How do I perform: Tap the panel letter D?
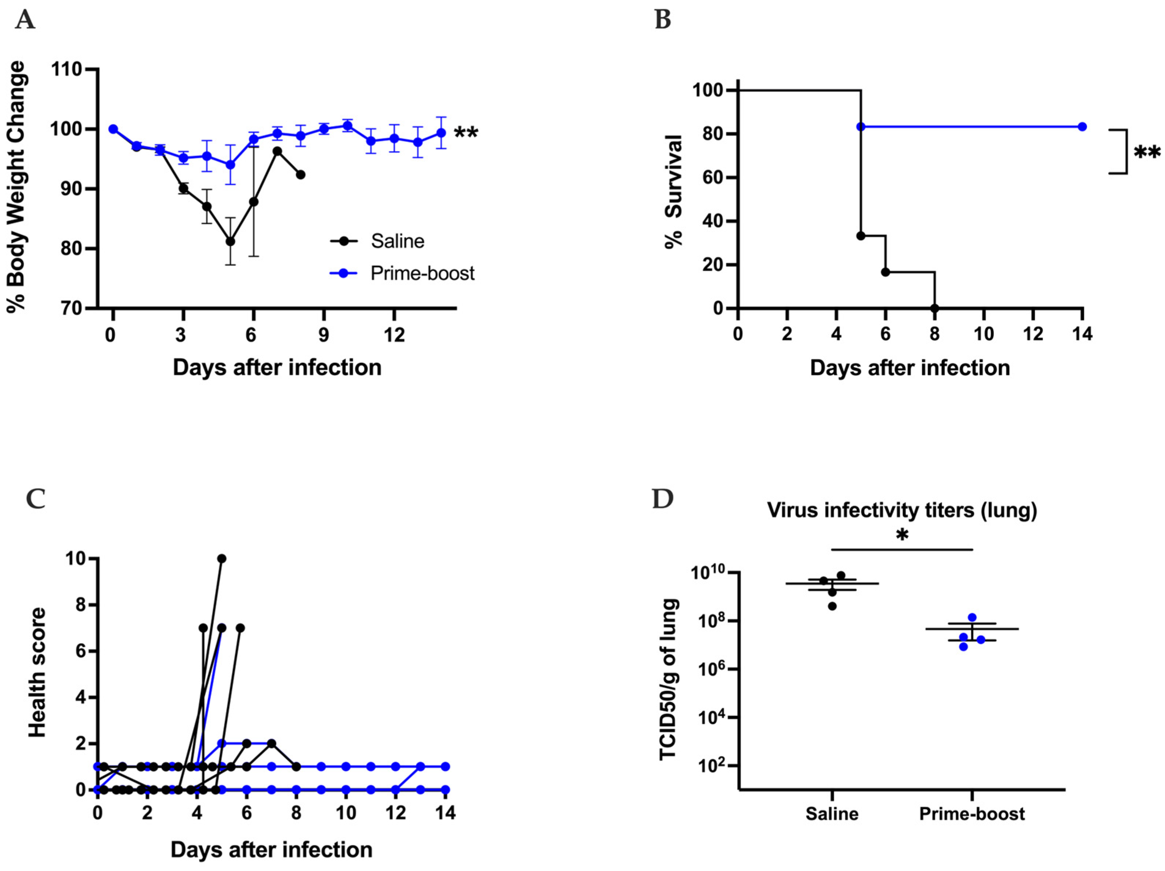663,498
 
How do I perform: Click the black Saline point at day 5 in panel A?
230,241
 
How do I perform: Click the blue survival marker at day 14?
1082,127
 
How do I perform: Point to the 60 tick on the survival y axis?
712,178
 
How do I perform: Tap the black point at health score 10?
222,559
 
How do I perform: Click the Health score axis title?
37,672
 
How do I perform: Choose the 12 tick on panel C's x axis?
395,813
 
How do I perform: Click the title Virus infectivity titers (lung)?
902,510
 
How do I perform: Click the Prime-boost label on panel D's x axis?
972,813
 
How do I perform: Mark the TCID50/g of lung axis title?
668,680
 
